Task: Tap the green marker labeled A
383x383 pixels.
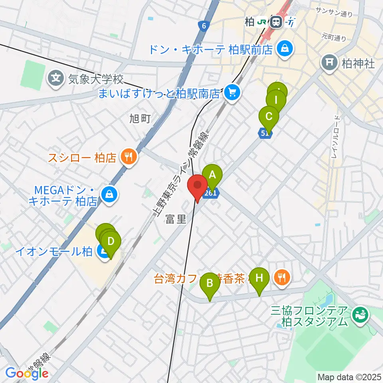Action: tap(212, 175)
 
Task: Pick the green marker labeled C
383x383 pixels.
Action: tap(268, 117)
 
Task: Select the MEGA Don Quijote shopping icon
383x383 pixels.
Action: tap(108, 195)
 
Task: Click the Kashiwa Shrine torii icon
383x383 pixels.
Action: tap(329, 62)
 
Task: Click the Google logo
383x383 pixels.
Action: tap(27, 373)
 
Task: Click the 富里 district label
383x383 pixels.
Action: tap(176, 219)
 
